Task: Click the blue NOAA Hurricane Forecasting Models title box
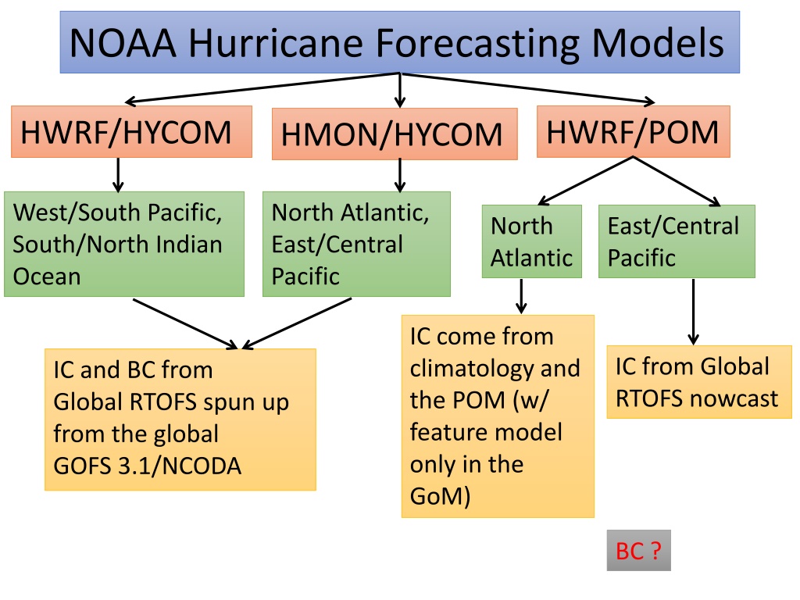[x=400, y=42]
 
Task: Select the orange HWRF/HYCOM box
[x=131, y=131]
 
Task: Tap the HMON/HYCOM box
[x=395, y=134]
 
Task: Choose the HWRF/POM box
[x=633, y=131]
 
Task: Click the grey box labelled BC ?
[x=639, y=551]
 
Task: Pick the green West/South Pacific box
[x=124, y=244]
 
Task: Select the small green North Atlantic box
[x=531, y=241]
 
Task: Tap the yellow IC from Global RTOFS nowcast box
[x=699, y=382]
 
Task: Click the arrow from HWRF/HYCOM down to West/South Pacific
[x=119, y=175]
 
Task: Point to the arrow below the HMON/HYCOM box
[x=400, y=175]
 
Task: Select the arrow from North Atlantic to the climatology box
[x=521, y=296]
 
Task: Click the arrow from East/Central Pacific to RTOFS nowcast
[x=693, y=312]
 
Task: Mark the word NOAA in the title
[x=123, y=43]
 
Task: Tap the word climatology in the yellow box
[x=466, y=369]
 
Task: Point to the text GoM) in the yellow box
[x=441, y=496]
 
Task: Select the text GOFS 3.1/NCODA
[x=147, y=466]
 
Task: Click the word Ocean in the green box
[x=47, y=277]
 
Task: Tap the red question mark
[x=655, y=551]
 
